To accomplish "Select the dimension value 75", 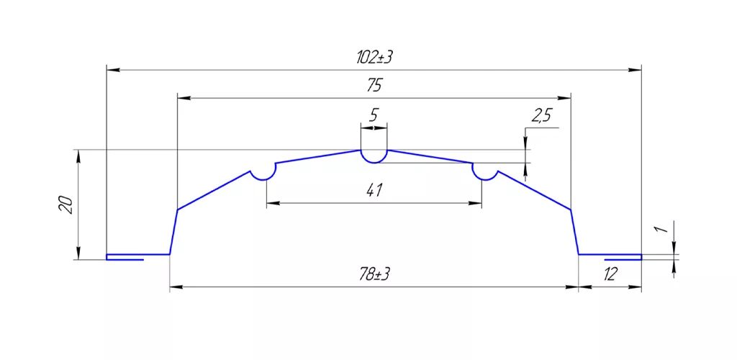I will (374, 86).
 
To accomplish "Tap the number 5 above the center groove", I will (374, 115).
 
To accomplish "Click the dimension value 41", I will (374, 191).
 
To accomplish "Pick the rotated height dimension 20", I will (65, 204).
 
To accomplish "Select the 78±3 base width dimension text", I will (374, 275).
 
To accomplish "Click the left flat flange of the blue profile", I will (137, 255).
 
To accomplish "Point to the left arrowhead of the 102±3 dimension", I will (112, 70).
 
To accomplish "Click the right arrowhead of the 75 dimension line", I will (565, 97).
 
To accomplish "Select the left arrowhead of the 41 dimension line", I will (271, 204).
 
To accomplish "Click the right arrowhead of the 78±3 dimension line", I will (574, 287).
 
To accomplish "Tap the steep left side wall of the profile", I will (173, 232).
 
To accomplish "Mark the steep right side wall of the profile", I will (574, 232).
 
